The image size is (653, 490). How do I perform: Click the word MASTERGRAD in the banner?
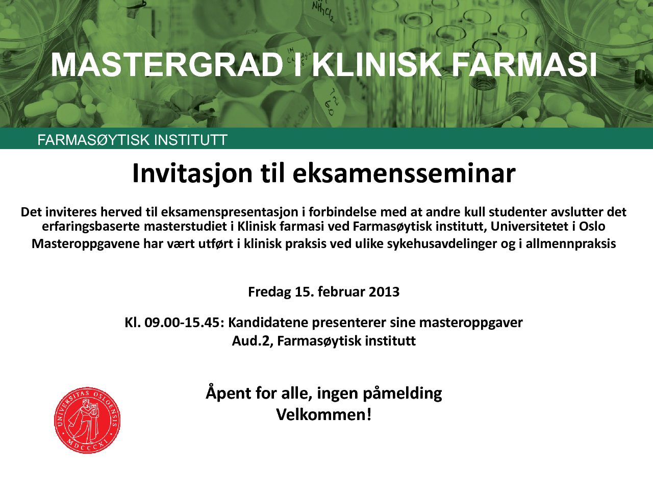point(167,65)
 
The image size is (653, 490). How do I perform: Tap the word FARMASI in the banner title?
point(524,65)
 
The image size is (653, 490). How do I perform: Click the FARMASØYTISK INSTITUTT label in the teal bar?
point(132,140)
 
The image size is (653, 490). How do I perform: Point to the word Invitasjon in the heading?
point(192,174)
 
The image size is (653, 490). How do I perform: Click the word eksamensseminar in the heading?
point(404,174)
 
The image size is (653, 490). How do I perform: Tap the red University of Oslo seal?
point(87,420)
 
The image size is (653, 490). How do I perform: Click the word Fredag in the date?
point(269,292)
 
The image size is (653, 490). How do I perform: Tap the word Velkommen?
point(324,414)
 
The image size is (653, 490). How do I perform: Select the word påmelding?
point(402,394)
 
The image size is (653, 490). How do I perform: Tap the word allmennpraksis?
point(570,244)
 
